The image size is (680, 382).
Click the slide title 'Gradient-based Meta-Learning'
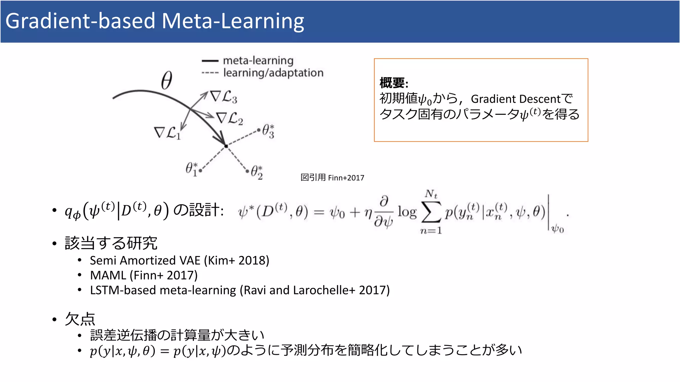pos(155,21)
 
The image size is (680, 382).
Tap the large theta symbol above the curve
pos(167,81)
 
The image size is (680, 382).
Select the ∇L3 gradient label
pos(224,97)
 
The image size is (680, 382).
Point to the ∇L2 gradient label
pos(229,118)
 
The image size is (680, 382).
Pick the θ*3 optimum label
pos(268,131)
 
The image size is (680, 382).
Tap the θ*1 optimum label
pos(192,169)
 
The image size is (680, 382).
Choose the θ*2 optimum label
pos(257,172)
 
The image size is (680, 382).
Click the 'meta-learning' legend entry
pos(258,61)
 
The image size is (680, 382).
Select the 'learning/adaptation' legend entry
pos(273,73)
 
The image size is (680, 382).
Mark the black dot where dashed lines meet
pos(226,146)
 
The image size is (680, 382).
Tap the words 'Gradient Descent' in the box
pos(516,99)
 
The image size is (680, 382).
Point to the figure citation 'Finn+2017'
pos(346,178)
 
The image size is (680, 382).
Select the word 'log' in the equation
pos(407,212)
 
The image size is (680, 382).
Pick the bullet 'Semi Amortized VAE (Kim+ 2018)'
pos(179,261)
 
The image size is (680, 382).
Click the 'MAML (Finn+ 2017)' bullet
pos(143,276)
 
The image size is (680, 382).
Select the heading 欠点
pos(80,319)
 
